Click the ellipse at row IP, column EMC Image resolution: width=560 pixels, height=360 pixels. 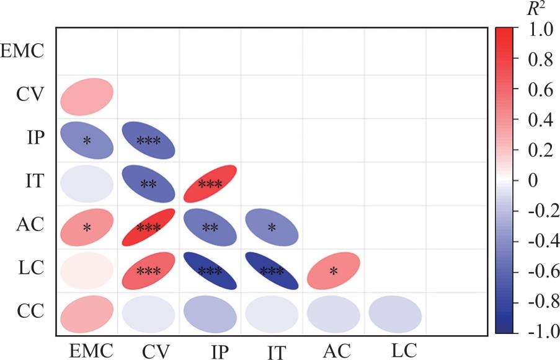point(87,140)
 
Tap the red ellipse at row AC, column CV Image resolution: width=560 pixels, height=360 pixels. point(148,227)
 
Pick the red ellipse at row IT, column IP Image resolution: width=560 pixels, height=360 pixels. point(210,183)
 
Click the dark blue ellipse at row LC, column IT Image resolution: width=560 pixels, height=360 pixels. point(272,271)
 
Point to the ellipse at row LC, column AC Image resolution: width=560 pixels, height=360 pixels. point(334,271)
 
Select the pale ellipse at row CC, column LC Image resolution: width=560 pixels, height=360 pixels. point(395,314)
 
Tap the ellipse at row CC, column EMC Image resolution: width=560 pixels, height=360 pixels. point(87,314)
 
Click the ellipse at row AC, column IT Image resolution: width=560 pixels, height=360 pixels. point(272,227)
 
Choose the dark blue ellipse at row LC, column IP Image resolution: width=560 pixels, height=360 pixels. point(210,271)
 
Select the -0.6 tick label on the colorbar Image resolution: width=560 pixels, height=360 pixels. point(540,271)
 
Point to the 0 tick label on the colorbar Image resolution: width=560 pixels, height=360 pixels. point(531,180)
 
